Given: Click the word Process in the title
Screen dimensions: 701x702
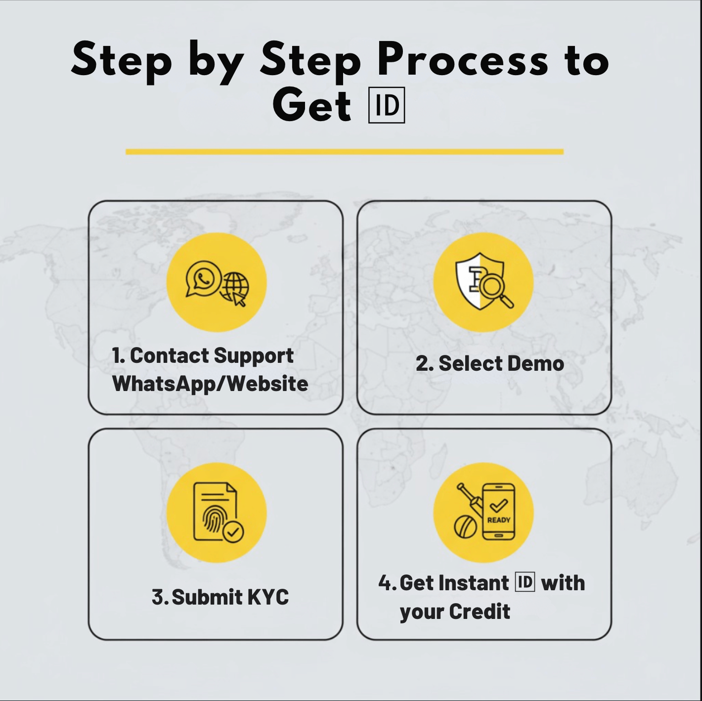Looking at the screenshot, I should pos(462,60).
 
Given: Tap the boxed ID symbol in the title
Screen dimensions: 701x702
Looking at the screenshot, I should pos(387,105).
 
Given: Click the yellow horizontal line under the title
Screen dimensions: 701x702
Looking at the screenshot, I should pos(344,152).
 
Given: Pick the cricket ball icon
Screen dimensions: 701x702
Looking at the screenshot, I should pos(466,527).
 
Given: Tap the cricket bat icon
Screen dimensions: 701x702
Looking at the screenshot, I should pos(469,499).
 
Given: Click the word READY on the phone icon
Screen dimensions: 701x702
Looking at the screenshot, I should pos(498,520).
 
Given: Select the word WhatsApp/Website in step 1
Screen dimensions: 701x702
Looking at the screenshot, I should pos(210,384).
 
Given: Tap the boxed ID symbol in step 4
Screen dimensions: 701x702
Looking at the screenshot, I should pos(525,582).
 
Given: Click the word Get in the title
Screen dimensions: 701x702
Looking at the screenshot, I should pos(311,105).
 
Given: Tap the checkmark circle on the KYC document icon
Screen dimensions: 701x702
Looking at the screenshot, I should pos(233,532).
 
